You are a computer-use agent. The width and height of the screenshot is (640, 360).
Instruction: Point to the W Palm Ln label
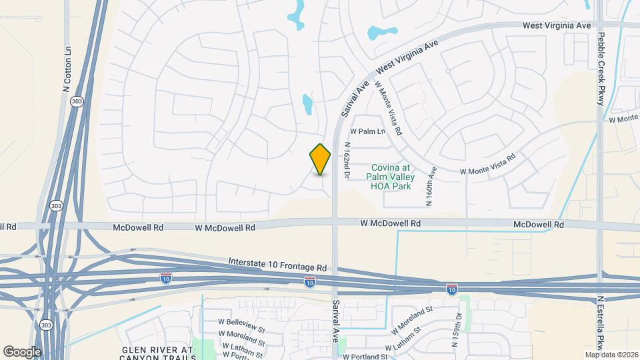pyautogui.click(x=368, y=131)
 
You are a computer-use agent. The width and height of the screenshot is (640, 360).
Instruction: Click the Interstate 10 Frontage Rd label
pyautogui.click(x=277, y=263)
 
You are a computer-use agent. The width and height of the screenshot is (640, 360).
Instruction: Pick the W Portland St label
pyautogui.click(x=365, y=356)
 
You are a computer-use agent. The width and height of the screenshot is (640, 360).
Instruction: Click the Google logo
pyautogui.click(x=22, y=351)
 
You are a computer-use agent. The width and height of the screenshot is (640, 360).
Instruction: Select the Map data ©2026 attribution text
pyautogui.click(x=611, y=355)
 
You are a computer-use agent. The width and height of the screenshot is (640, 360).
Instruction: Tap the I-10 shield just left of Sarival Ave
pyautogui.click(x=310, y=283)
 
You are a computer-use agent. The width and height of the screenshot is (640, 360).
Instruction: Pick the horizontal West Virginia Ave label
pyautogui.click(x=557, y=25)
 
